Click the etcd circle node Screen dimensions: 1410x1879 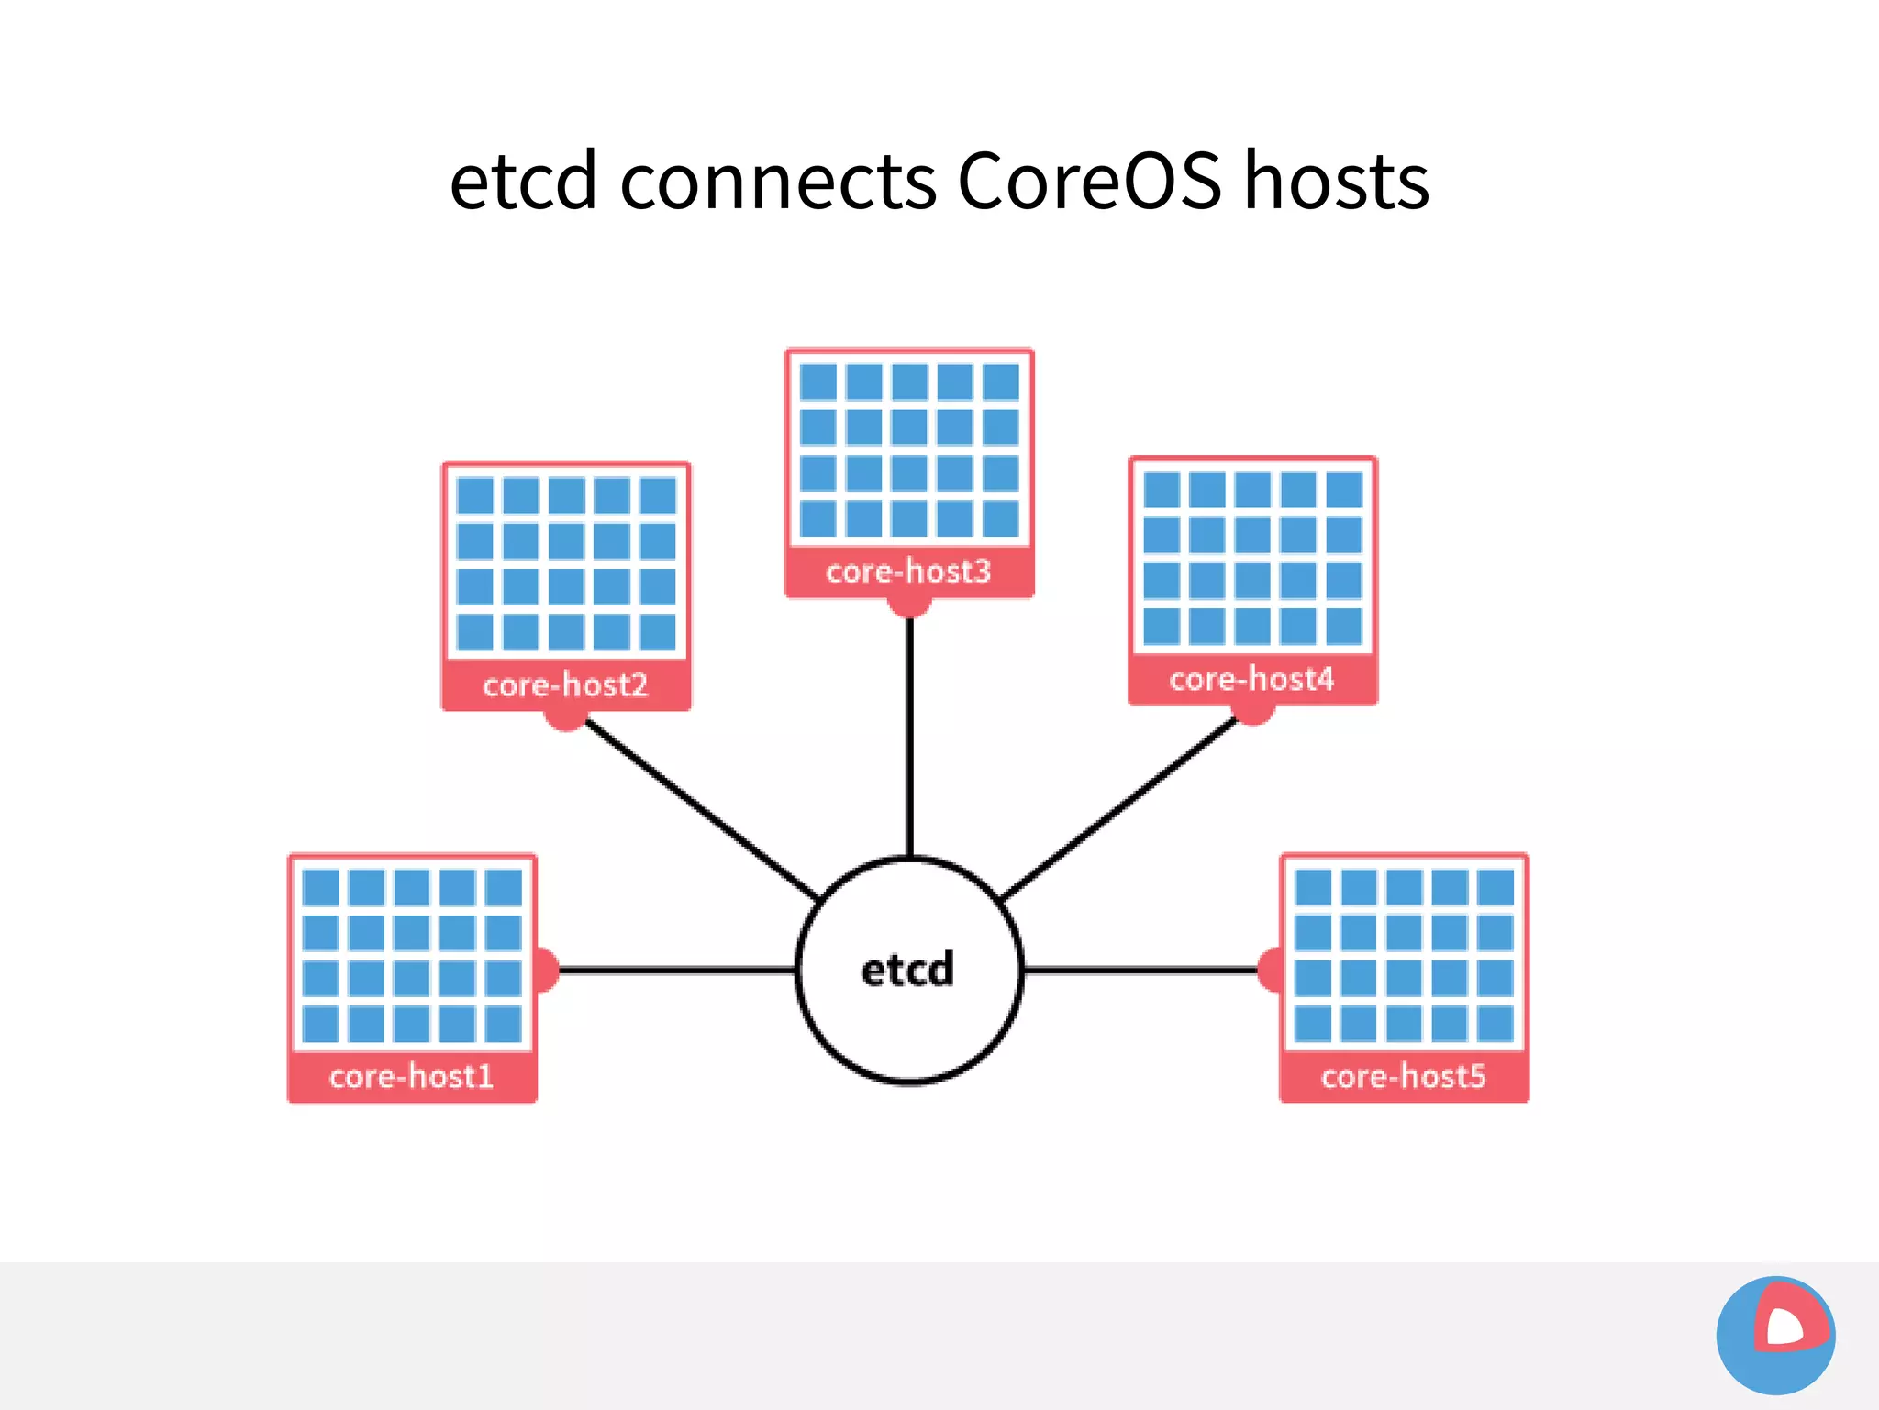pos(908,971)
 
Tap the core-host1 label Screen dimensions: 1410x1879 pos(412,1076)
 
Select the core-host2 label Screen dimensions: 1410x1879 pos(566,685)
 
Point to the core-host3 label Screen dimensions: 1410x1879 pos(909,572)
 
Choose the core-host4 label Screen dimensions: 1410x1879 pos(1251,680)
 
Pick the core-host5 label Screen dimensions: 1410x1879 pos(1403,1076)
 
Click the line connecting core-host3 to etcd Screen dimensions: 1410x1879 pos(909,734)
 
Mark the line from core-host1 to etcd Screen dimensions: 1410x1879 pos(674,970)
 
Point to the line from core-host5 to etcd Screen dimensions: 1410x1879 pos(1138,970)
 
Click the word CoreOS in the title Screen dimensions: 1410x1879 pos(1089,181)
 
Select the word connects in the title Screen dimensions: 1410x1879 pos(778,181)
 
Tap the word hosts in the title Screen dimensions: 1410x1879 pos(1336,181)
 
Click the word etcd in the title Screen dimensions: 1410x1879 pos(523,181)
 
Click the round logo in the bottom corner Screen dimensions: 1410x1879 pos(1775,1335)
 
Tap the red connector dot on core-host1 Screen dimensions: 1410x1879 pos(548,970)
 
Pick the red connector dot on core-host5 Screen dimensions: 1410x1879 pos(1270,970)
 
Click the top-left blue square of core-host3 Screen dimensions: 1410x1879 pos(817,382)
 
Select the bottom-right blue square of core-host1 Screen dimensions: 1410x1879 pos(504,1024)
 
